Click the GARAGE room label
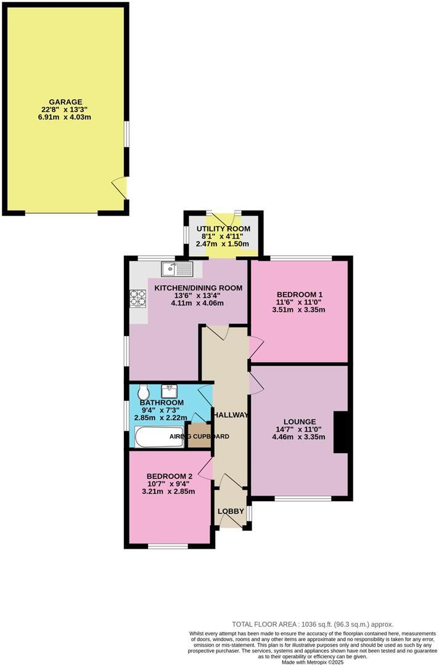(65, 102)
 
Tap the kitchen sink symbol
(178, 268)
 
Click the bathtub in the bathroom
(158, 437)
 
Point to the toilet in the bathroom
(144, 392)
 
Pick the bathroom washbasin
(170, 391)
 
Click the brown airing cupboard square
(199, 436)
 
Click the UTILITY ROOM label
(223, 229)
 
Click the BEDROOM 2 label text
(169, 476)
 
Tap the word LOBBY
(231, 511)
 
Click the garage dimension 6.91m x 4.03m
(65, 117)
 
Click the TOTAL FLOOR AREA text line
(312, 624)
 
